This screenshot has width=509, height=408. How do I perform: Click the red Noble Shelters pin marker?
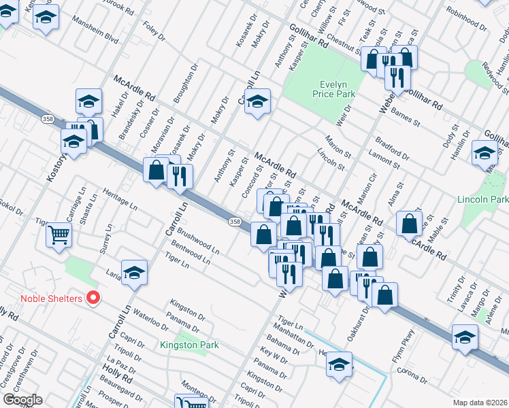(94, 298)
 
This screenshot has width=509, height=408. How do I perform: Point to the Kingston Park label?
(189, 345)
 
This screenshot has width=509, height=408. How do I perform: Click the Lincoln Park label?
(485, 200)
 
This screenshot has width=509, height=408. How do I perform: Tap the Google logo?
(22, 400)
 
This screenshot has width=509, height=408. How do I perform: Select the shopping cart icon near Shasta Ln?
(59, 235)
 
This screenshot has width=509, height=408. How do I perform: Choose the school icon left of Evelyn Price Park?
(257, 102)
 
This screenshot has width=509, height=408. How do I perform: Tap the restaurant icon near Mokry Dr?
(180, 176)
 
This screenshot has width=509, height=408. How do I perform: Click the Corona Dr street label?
(411, 375)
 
